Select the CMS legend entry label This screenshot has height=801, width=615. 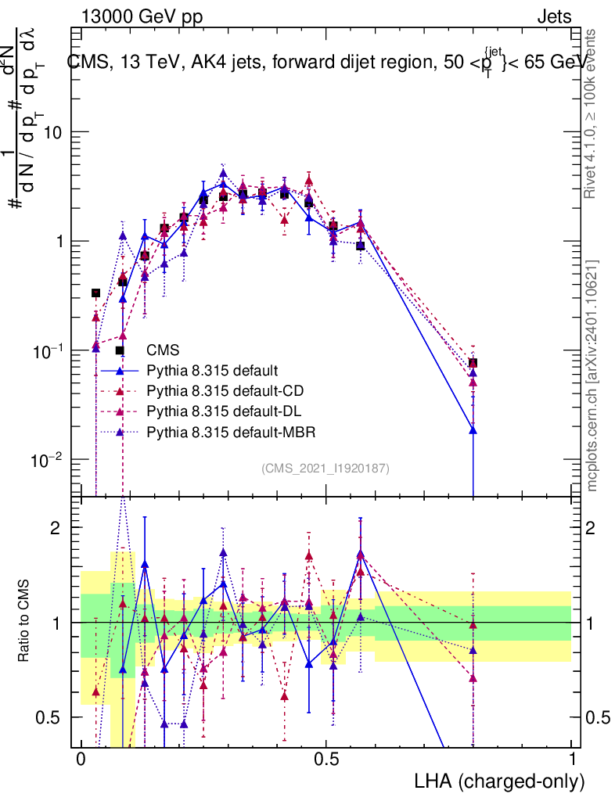(163, 350)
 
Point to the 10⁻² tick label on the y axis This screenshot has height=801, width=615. (49, 459)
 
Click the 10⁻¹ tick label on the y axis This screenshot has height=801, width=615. (49, 350)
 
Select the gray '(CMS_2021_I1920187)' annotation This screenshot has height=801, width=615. (325, 468)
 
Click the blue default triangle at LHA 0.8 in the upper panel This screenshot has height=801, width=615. (473, 430)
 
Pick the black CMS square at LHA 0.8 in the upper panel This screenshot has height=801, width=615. (473, 363)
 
